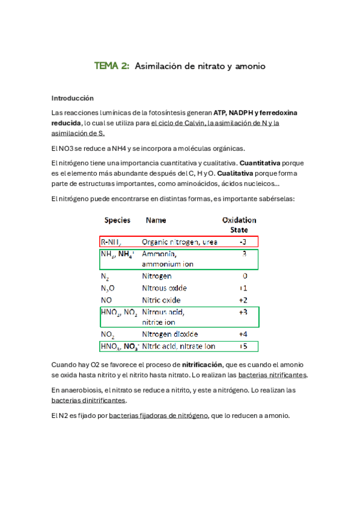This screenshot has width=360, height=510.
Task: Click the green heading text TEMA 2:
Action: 112,66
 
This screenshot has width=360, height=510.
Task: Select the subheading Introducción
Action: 73,97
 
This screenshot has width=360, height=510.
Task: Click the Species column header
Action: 117,220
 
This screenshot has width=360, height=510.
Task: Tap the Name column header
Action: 156,220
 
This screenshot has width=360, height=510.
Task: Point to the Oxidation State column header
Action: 239,224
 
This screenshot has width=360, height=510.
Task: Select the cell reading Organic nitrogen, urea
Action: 180,242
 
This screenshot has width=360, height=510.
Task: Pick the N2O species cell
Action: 109,288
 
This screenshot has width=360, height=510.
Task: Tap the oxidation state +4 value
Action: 243,334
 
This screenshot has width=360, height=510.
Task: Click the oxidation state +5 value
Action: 243,346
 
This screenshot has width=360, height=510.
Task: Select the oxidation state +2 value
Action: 243,300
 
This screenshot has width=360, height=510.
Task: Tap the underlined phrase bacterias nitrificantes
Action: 273,375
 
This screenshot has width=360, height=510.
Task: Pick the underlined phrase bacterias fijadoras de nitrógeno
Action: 159,415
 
